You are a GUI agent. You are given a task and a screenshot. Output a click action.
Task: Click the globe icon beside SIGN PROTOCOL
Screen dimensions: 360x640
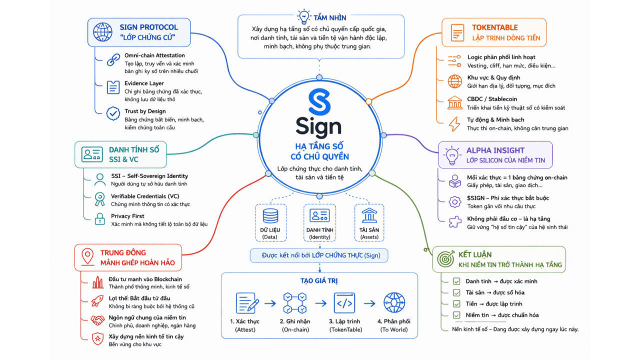(x=103, y=32)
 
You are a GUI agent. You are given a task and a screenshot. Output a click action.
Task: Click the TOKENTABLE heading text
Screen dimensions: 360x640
(x=494, y=27)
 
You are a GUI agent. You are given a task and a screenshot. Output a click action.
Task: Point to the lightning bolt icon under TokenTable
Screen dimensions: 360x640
(x=454, y=124)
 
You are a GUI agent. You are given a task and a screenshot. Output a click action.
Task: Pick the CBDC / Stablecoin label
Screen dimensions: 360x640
(x=492, y=99)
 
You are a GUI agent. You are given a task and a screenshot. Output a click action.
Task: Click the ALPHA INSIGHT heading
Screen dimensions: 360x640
(x=495, y=150)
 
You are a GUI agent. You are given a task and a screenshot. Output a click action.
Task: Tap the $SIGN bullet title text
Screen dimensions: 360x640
(x=507, y=198)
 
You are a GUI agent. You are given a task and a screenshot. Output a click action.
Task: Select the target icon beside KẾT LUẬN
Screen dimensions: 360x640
(x=446, y=259)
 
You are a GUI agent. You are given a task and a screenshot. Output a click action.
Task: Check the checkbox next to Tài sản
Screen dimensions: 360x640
(x=456, y=292)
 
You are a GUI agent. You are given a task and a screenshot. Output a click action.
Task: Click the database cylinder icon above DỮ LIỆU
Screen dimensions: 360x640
(x=270, y=215)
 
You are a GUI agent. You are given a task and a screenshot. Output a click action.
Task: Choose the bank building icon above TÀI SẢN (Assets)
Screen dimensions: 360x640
(x=369, y=215)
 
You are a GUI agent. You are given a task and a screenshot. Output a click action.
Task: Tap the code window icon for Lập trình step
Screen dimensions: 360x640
(x=344, y=303)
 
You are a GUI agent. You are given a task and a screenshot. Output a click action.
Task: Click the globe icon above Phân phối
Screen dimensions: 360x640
(x=394, y=303)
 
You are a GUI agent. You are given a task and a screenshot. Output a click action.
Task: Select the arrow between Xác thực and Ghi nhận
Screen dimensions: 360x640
(x=270, y=303)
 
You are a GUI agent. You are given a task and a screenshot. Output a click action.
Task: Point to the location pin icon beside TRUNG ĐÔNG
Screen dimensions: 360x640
(x=88, y=257)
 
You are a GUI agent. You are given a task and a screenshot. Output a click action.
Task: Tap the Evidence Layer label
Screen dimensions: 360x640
(x=144, y=83)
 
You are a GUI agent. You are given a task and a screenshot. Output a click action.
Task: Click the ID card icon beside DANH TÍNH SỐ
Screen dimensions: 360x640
(x=92, y=154)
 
